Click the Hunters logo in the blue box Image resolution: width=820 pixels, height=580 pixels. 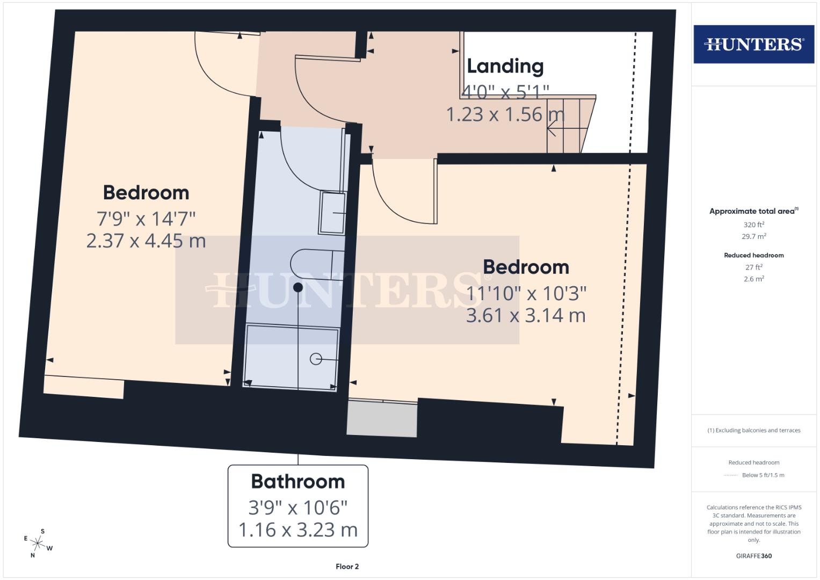coord(753,44)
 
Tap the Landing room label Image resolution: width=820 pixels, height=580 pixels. coord(505,66)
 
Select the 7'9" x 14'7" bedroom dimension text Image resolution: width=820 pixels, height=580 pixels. coord(146,219)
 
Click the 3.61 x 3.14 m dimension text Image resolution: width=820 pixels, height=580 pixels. coord(525,315)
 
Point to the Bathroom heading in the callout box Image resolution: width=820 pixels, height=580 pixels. coord(298,481)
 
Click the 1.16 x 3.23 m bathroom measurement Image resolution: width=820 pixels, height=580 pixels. coord(298,530)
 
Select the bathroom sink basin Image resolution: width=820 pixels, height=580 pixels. coord(332,213)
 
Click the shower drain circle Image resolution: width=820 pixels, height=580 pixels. coord(316,359)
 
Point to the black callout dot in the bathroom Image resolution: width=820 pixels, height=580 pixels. coord(298,287)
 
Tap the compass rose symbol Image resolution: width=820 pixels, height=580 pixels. coord(38,543)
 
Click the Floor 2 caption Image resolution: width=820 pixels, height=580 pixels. coord(347,567)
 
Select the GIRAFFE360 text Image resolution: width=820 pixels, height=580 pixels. coord(753,556)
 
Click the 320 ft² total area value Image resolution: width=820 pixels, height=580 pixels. coord(753,224)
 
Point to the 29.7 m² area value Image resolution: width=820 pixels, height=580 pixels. coord(753,236)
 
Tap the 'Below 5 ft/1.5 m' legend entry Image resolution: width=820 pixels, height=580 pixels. coord(763,475)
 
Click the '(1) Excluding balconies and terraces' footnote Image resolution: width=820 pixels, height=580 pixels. coord(753,430)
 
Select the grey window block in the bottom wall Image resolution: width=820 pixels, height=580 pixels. coord(382,419)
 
